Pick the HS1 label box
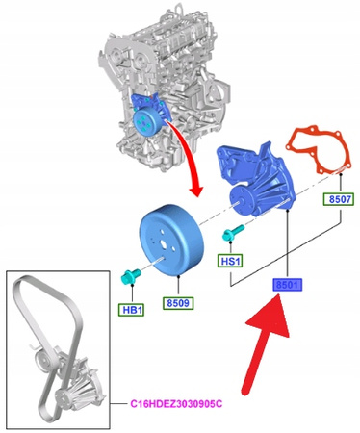[x=229, y=260]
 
